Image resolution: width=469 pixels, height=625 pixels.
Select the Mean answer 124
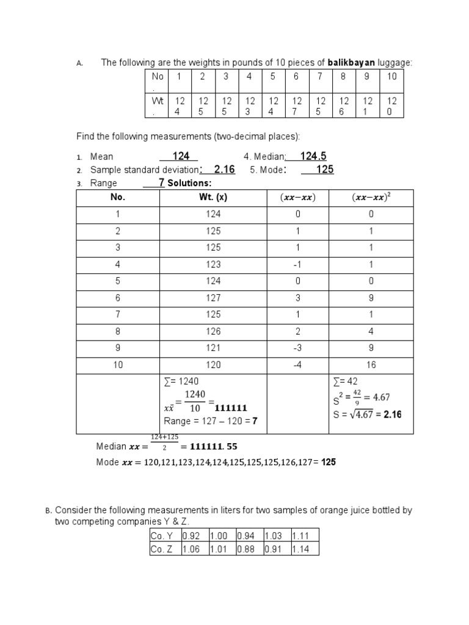coord(181,157)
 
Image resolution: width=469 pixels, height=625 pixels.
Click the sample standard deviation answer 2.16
coord(224,170)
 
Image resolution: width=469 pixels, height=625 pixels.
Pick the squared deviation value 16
coord(371,365)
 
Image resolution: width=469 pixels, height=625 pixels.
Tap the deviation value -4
coord(297,365)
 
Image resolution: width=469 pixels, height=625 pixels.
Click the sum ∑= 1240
coord(181,381)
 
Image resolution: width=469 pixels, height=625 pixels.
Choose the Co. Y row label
coord(162,535)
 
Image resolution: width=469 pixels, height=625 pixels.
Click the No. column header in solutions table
coord(117,197)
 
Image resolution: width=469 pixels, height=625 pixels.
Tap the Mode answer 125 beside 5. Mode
coord(324,170)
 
